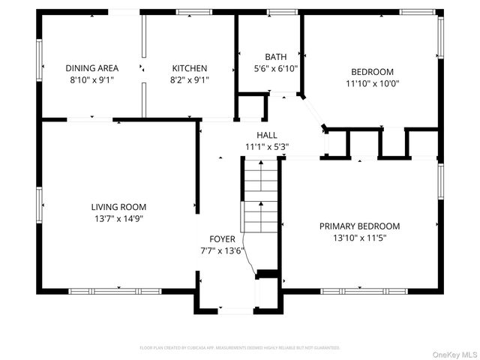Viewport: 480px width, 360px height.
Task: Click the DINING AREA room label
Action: [91, 68]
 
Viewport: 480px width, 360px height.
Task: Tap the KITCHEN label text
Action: [190, 68]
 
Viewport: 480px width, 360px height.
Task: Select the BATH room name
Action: [275, 57]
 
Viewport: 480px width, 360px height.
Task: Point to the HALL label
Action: [267, 136]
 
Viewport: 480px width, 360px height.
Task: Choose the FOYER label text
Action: [222, 239]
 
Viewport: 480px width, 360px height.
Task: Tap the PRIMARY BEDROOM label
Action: [359, 226]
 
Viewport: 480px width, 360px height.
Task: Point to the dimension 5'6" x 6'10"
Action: [275, 68]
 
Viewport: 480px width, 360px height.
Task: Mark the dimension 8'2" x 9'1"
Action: [190, 79]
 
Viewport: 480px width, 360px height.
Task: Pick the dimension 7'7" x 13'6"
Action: [222, 250]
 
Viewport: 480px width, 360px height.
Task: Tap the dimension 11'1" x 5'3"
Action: [267, 147]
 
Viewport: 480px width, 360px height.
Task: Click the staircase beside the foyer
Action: [260, 199]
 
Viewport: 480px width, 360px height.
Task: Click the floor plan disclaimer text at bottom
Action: [240, 348]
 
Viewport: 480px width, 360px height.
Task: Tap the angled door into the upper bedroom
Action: [313, 112]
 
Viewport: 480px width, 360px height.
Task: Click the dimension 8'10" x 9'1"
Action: [91, 79]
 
